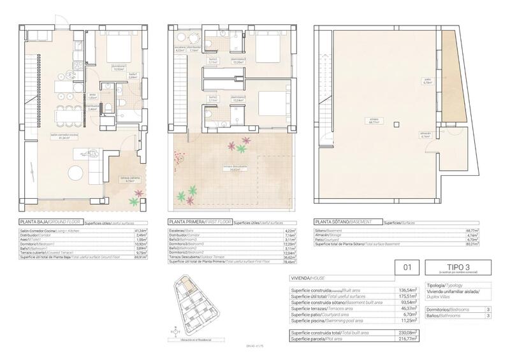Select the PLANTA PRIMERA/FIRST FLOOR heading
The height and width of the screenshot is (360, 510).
pos(199,222)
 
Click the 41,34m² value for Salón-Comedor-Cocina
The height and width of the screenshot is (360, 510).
pos(140,230)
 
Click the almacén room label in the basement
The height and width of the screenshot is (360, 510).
pos(426,134)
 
